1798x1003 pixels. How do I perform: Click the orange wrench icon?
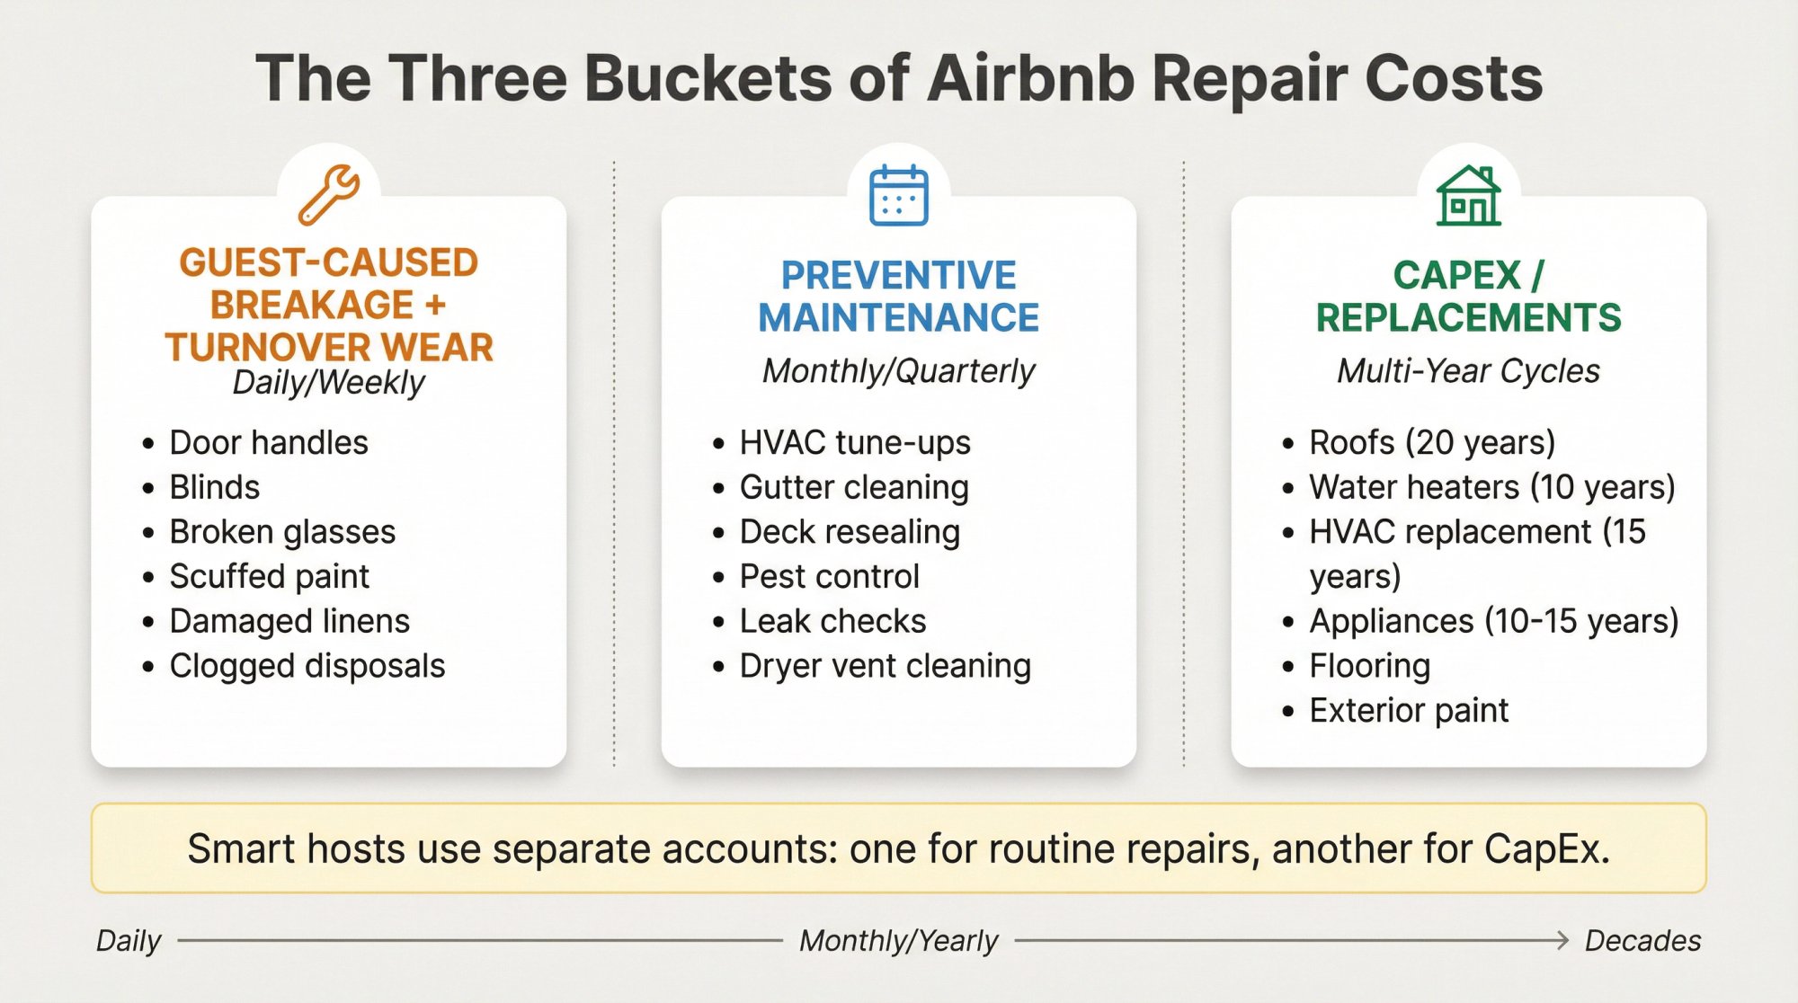[x=329, y=193]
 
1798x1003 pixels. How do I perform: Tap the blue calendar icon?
[x=898, y=195]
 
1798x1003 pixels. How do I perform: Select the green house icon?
[x=1468, y=195]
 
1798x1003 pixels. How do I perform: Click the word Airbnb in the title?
[x=1032, y=79]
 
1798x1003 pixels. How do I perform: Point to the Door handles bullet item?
[x=268, y=443]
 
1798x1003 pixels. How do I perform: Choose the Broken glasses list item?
[x=282, y=532]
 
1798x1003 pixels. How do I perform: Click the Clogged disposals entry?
[x=307, y=666]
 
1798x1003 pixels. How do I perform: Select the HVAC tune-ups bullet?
[x=854, y=443]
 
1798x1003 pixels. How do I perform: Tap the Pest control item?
[x=829, y=577]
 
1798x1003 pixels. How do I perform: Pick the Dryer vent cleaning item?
[x=885, y=666]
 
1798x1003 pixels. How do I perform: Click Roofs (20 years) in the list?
[x=1431, y=443]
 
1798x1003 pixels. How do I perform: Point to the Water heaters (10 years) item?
[x=1491, y=487]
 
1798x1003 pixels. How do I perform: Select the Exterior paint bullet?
[x=1408, y=711]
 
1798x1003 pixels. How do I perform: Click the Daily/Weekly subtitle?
[x=328, y=383]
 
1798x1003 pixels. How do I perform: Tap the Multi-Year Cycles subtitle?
[x=1468, y=371]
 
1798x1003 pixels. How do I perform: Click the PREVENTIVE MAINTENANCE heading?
[x=898, y=297]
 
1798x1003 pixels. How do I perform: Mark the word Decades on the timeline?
[x=1642, y=941]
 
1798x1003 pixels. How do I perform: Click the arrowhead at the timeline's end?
[x=1562, y=941]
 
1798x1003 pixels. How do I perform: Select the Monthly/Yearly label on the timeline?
[x=898, y=941]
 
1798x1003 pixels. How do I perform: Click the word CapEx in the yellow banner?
[x=1545, y=849]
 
